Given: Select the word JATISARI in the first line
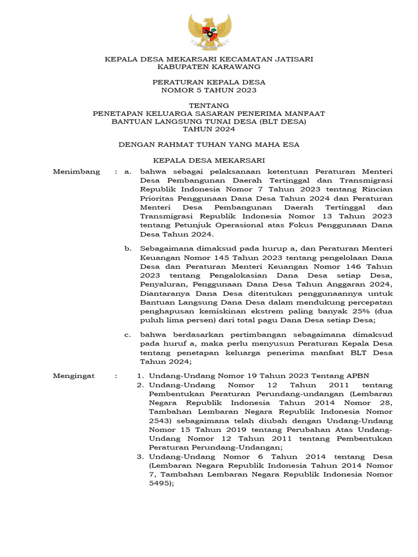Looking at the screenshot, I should coord(291,58).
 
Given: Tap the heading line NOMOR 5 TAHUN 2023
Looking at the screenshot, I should coord(209,90).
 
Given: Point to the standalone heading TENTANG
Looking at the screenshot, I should coord(209,105).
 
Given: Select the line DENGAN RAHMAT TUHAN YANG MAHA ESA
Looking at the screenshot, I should coord(209,145).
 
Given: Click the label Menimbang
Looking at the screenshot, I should coord(76,172).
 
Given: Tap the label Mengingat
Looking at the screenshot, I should coord(73,376).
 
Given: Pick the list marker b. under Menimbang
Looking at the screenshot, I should coord(128,249).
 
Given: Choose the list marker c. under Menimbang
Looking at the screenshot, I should coord(128,335).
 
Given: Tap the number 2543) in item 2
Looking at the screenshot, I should coord(161,421).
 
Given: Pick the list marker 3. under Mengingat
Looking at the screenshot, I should coord(140,456).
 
